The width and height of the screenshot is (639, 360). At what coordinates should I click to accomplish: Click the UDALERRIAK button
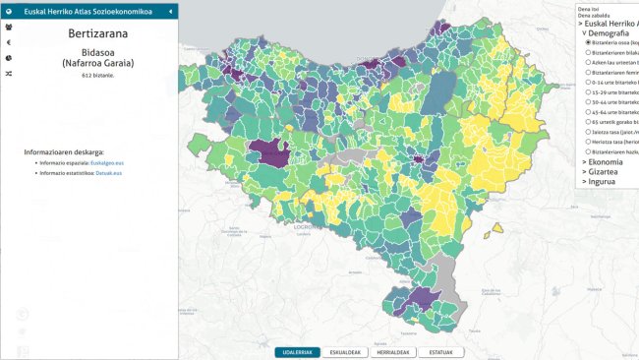(x=297, y=351)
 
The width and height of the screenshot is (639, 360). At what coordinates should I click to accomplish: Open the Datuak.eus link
(x=108, y=173)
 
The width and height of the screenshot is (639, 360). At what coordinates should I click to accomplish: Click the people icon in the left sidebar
(x=8, y=28)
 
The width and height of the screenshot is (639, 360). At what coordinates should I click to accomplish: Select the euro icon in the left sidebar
(x=8, y=42)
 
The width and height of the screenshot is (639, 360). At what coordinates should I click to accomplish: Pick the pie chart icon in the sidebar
(x=8, y=58)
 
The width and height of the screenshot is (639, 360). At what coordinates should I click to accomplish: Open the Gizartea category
(x=605, y=171)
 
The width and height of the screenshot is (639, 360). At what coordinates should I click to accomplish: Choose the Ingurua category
(x=603, y=181)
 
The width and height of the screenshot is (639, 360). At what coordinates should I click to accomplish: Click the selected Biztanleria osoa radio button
(x=588, y=43)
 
